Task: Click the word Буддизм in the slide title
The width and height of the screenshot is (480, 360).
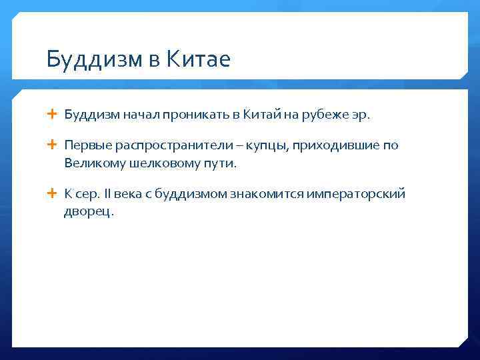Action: pyautogui.click(x=89, y=60)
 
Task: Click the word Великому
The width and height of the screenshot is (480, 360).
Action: pyautogui.click(x=89, y=163)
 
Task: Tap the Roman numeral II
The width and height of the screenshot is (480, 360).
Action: pyautogui.click(x=106, y=194)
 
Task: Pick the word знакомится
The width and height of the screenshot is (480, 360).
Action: pyautogui.click(x=261, y=194)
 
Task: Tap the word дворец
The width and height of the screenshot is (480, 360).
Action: pyautogui.click(x=89, y=211)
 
